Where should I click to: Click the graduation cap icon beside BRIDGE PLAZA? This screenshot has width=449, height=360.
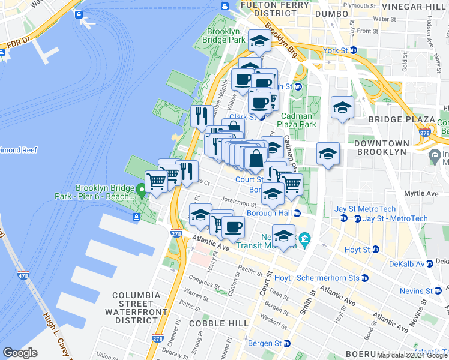point(342,108)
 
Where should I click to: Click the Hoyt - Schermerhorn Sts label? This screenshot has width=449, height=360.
point(316,278)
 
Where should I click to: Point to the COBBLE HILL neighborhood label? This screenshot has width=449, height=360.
point(218,323)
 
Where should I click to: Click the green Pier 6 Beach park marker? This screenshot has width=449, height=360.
point(142,191)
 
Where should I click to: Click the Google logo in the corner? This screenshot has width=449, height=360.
point(20,353)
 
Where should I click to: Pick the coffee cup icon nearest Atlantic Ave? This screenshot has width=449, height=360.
point(233,227)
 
